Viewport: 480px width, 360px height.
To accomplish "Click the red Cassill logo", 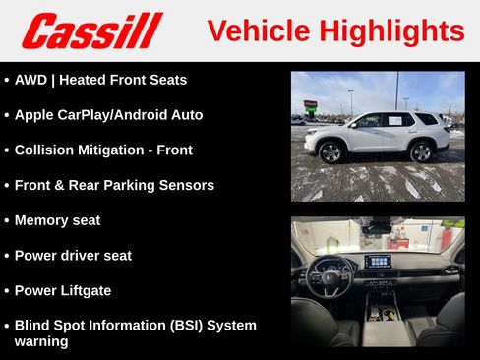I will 91,30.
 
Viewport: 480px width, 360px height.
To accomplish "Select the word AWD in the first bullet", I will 31,80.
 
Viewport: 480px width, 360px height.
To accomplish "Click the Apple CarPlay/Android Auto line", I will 108,115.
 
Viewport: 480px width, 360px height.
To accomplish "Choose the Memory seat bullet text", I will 57,220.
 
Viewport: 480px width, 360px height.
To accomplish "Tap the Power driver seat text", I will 73,256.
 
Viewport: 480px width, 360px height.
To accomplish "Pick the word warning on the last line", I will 41,341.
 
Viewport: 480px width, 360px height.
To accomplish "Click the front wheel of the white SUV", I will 330,152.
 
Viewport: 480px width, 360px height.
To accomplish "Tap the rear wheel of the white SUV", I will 421,151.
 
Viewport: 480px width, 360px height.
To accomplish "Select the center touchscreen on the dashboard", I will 378,262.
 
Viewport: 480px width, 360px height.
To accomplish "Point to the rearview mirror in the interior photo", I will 377,227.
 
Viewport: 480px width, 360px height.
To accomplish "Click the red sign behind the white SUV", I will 311,103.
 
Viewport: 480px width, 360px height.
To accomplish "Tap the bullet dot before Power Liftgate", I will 7,291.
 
